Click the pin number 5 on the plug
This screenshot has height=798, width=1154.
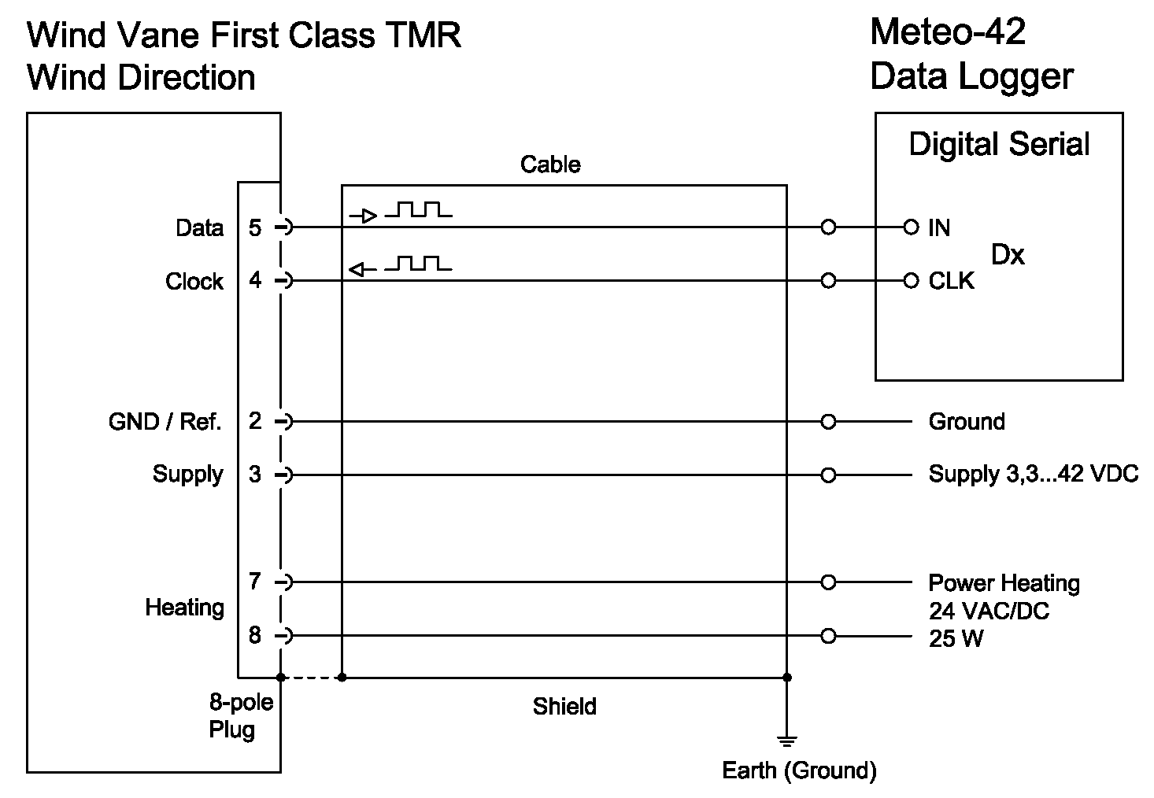pos(255,227)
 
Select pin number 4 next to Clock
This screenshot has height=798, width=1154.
pos(255,280)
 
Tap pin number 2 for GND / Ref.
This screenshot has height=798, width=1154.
pos(255,421)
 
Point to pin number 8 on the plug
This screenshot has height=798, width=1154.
pos(255,635)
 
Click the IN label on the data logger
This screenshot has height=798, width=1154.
pos(939,228)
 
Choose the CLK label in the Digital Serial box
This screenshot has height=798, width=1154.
pos(951,281)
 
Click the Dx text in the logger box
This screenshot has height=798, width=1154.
pos(1008,255)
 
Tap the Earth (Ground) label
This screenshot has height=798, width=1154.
pos(799,770)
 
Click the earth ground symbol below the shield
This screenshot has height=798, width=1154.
pos(786,741)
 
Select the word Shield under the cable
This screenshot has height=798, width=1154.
pos(564,706)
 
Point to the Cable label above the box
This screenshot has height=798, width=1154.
pos(550,164)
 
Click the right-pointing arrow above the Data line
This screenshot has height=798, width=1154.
pos(364,215)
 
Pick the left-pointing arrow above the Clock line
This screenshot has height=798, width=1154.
pos(362,270)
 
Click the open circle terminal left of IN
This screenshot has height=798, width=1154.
pos(911,227)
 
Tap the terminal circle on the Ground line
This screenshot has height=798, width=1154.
pos(827,422)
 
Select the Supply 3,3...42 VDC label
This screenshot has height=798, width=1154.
pos(1033,475)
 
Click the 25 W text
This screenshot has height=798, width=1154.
pos(956,638)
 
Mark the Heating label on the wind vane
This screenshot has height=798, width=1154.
pos(184,608)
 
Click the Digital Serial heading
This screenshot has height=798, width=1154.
pos(999,145)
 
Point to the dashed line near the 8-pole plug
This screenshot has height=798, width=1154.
pos(311,677)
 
